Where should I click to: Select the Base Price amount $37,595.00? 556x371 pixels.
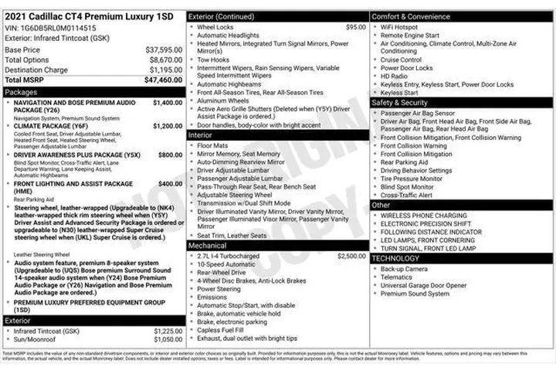tap(164, 49)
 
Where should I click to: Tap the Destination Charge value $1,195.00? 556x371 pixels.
tap(165, 70)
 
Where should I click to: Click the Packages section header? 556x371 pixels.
tap(21, 91)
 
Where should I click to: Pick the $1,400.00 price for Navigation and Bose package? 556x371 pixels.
tap(167, 102)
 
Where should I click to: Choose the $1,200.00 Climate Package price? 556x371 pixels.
tap(167, 126)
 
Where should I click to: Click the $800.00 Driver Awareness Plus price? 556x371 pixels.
tap(170, 155)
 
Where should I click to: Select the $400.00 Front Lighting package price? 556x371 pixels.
tap(170, 184)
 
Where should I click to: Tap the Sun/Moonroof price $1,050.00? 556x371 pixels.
tap(168, 339)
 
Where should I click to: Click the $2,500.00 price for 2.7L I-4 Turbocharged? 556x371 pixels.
tap(351, 255)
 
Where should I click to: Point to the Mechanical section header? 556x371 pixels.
tap(208, 245)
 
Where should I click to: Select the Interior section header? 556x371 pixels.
tap(200, 135)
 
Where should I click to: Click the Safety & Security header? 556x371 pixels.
tap(399, 103)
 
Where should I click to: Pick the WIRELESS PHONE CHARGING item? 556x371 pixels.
tap(423, 216)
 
